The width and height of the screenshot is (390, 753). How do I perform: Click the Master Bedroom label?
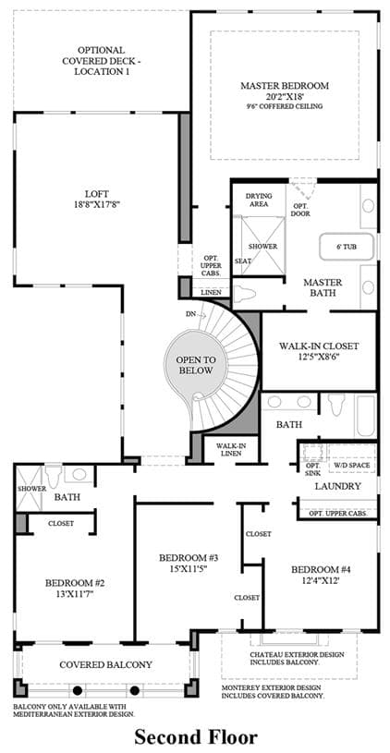(285, 86)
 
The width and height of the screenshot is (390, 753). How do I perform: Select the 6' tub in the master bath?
(347, 247)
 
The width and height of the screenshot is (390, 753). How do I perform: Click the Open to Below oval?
(196, 365)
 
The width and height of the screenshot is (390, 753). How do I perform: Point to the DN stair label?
(190, 314)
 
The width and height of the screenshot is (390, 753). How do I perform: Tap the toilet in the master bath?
(245, 290)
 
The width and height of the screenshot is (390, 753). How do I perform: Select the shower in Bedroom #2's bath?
(30, 489)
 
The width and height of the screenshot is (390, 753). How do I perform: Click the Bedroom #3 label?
(189, 557)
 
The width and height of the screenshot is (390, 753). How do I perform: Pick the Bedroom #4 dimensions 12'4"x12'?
(322, 580)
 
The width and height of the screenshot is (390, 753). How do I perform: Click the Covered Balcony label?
(105, 664)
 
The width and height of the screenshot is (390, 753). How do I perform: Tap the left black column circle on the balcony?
(77, 690)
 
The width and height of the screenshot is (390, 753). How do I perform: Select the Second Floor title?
(196, 735)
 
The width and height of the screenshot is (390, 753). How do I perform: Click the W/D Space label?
(352, 466)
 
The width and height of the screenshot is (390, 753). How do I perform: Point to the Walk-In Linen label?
(228, 450)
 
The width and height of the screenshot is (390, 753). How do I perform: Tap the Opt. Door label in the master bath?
(300, 210)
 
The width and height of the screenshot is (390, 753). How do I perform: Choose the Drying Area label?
(259, 200)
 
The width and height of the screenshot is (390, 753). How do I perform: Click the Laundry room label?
(337, 486)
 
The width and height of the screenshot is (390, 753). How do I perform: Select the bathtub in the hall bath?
(365, 416)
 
